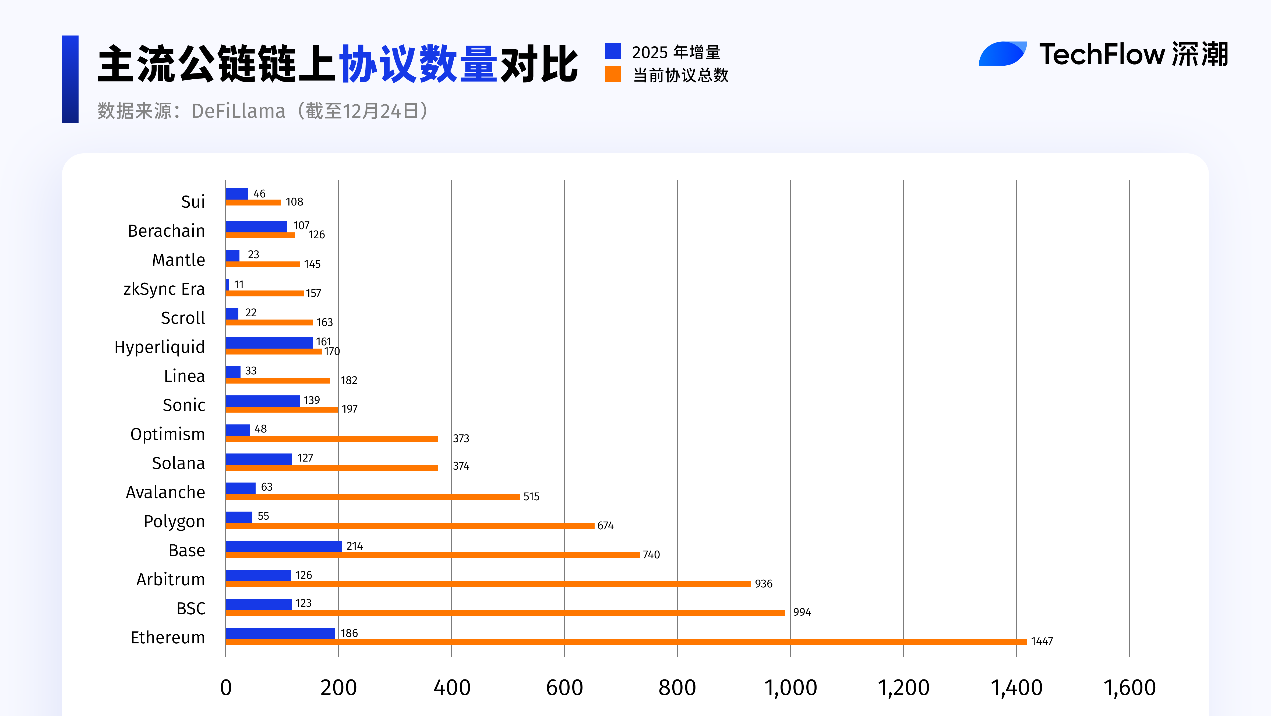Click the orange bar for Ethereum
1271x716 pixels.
pyautogui.click(x=626, y=641)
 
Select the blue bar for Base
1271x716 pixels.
pyautogui.click(x=284, y=546)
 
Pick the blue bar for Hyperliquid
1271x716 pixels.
pyautogui.click(x=269, y=342)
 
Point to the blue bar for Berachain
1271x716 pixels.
pyautogui.click(x=256, y=226)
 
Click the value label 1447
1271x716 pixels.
pyautogui.click(x=1041, y=641)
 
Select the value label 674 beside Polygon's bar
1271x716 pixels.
pyautogui.click(x=605, y=526)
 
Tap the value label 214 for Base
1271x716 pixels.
pyautogui.click(x=354, y=546)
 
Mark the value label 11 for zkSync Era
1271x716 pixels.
pyautogui.click(x=239, y=285)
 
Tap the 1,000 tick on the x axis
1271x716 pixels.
pyautogui.click(x=790, y=687)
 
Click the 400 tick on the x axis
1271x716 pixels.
pyautogui.click(x=451, y=687)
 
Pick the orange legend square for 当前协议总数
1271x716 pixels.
pyautogui.click(x=612, y=75)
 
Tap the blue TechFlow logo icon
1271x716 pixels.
pyautogui.click(x=1002, y=54)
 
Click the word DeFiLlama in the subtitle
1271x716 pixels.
pyautogui.click(x=238, y=111)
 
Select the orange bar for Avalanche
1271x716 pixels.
pyautogui.click(x=373, y=497)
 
